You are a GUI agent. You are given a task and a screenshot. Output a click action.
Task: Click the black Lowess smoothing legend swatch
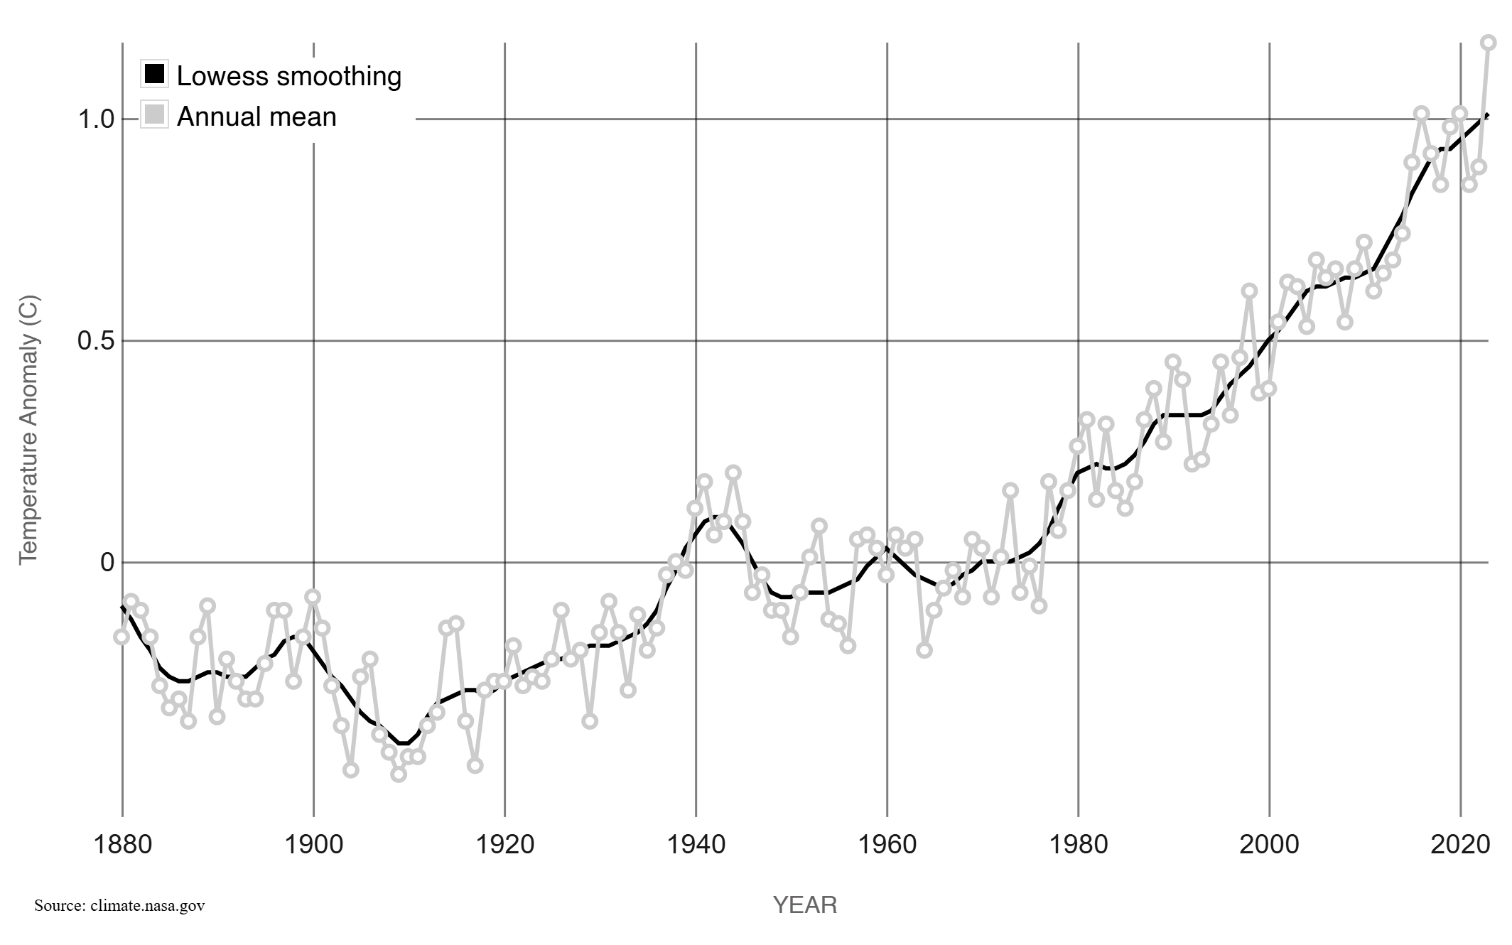[x=154, y=73]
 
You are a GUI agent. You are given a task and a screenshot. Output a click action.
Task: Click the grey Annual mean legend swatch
[x=154, y=114]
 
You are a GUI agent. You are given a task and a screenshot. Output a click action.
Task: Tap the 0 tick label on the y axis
[x=107, y=563]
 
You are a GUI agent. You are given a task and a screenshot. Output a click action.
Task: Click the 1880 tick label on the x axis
[x=123, y=845]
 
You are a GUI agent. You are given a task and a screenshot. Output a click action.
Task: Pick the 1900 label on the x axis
[x=314, y=845]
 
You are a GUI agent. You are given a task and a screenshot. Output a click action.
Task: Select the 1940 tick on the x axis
[x=696, y=845]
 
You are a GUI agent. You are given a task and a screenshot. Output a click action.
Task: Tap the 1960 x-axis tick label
[x=887, y=845]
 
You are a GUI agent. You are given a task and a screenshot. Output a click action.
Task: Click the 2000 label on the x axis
[x=1269, y=845]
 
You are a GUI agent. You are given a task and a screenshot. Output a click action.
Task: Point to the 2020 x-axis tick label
[x=1460, y=845]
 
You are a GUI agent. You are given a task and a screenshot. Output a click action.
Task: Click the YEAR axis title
[x=805, y=905]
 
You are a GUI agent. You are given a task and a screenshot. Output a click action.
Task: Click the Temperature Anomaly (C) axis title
[x=28, y=431]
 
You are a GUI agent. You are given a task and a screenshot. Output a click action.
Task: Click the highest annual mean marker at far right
[x=1489, y=43]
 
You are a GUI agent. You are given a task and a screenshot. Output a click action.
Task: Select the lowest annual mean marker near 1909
[x=399, y=774]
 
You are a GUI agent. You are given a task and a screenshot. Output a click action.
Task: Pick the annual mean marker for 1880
[x=121, y=637]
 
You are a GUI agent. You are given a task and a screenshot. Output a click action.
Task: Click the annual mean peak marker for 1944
[x=733, y=473]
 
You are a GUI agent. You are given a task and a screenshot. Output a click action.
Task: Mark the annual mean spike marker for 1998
[x=1250, y=291]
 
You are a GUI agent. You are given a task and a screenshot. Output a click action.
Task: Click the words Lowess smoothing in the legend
[x=288, y=76]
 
